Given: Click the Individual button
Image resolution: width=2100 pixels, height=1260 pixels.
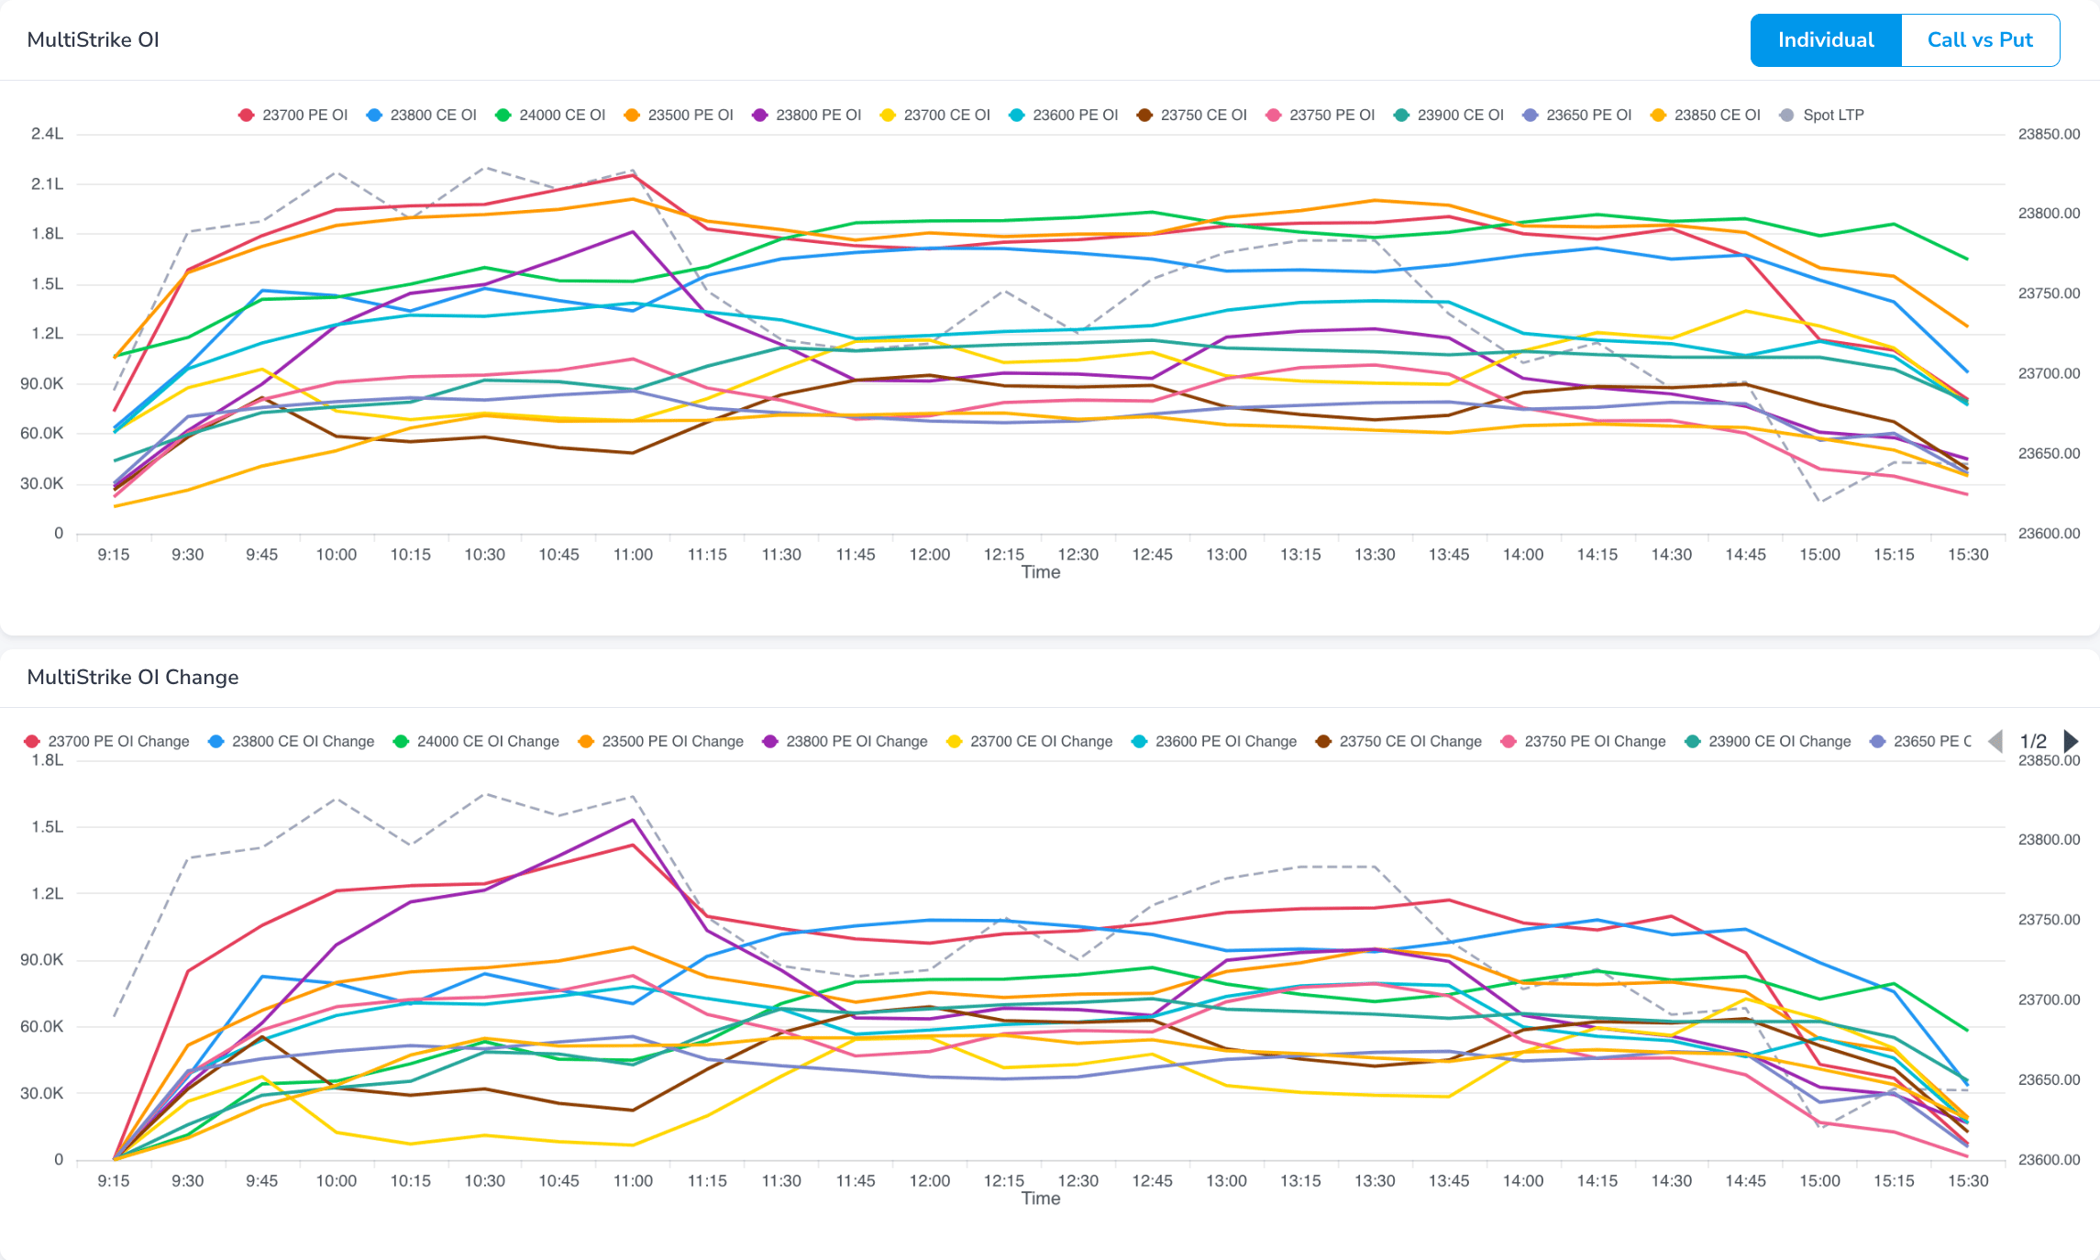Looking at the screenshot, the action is [1826, 40].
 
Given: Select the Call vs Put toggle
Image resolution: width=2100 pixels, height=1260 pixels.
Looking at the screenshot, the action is [1980, 40].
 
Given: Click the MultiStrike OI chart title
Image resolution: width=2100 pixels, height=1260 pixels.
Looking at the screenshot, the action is [93, 39].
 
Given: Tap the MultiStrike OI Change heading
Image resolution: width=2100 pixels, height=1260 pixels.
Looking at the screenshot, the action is [133, 677].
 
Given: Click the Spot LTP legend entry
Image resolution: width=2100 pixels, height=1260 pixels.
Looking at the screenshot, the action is [1822, 115].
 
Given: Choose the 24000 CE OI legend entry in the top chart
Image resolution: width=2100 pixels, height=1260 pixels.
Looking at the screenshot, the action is [551, 115].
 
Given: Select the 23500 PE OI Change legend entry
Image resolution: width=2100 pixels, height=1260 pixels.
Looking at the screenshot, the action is [661, 741].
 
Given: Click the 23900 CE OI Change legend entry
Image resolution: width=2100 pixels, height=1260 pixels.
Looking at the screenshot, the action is [1768, 741].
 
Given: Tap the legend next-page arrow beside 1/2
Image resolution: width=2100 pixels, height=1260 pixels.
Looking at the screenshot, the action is [2071, 741].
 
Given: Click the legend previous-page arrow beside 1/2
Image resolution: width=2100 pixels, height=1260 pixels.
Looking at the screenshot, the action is [1995, 741].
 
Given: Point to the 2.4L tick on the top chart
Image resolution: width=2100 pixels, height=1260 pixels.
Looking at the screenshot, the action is [48, 134].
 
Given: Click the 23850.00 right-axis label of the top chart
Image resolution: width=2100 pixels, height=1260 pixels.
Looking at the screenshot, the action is [2050, 134].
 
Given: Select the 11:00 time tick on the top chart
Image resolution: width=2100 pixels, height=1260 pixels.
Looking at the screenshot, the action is [633, 555].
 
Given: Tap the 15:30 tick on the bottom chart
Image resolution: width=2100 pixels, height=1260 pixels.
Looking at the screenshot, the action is [1968, 1181].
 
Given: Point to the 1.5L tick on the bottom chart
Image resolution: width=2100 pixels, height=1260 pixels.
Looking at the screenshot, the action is [48, 827].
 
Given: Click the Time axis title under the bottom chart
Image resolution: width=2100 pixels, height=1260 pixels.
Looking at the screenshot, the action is [1041, 1199].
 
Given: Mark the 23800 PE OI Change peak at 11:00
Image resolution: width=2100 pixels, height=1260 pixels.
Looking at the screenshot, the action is [633, 820].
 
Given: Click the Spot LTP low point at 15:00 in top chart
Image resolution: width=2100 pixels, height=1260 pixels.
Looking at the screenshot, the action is [1820, 502].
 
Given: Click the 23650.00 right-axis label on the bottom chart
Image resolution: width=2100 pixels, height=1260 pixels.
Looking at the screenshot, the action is [2050, 1080].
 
